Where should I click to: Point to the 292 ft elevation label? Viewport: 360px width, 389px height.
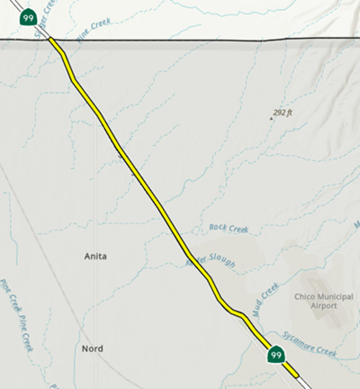click(284, 113)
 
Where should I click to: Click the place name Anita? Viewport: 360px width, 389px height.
click(94, 257)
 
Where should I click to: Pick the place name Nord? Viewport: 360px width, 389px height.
click(92, 348)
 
